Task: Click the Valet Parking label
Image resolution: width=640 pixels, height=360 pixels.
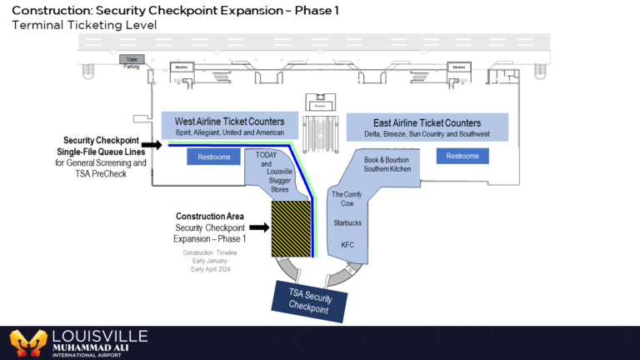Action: [x=132, y=62]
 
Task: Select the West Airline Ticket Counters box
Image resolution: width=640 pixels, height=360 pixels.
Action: [x=229, y=127]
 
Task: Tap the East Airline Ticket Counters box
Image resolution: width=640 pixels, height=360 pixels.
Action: [x=427, y=127]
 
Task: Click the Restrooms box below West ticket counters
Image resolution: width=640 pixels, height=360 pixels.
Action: [x=214, y=157]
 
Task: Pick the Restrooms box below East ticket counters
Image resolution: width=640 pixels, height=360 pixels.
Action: [x=462, y=156]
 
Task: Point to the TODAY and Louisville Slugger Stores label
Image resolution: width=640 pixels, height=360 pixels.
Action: [x=267, y=171]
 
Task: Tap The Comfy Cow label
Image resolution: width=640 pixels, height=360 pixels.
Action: [x=346, y=199]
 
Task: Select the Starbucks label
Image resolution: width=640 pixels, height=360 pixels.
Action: [x=347, y=223]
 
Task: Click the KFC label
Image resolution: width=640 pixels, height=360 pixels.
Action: [x=347, y=245]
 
